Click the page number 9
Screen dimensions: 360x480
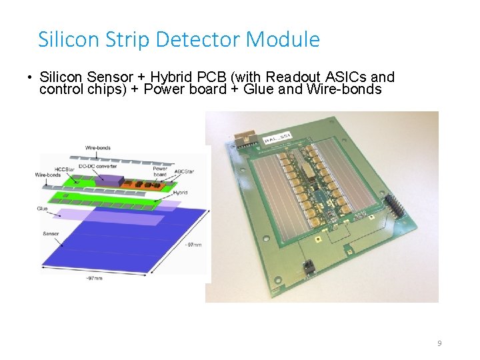point(439,343)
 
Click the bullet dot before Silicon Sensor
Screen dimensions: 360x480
point(29,78)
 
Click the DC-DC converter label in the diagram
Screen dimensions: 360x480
point(99,165)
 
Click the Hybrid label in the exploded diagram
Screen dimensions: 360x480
point(179,192)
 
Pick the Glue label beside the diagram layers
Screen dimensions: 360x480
point(43,209)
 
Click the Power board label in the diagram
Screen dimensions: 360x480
point(160,171)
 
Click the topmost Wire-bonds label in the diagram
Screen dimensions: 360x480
point(99,147)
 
